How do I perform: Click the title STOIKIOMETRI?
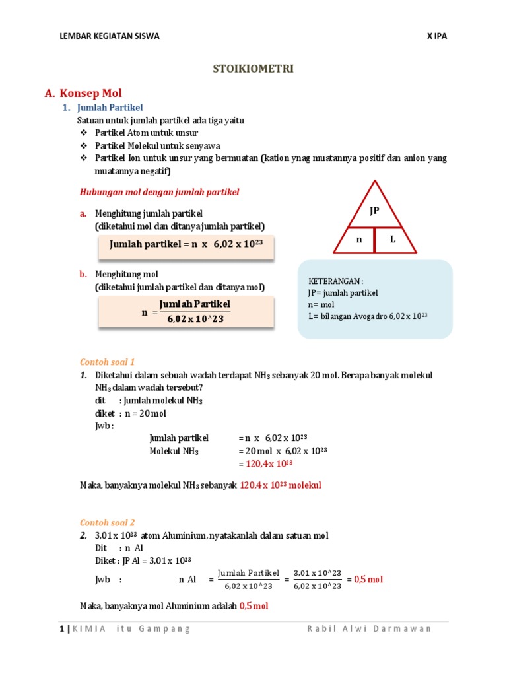(x=253, y=68)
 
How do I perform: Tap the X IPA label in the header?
(x=436, y=36)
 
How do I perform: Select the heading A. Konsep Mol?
(x=83, y=93)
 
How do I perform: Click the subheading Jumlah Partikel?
(x=110, y=108)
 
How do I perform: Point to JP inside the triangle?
(x=374, y=211)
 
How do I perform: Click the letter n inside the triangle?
(x=360, y=240)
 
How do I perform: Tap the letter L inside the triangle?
(x=392, y=239)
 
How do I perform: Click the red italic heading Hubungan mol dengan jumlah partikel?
(x=159, y=192)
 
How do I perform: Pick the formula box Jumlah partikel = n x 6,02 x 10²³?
(x=186, y=244)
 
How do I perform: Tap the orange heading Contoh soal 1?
(x=107, y=362)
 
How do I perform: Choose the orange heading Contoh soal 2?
(x=107, y=522)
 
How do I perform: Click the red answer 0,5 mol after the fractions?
(x=368, y=580)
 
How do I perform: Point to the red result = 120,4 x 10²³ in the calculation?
(x=272, y=464)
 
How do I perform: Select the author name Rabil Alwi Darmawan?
(x=369, y=629)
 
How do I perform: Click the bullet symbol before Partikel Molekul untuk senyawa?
(x=83, y=146)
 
